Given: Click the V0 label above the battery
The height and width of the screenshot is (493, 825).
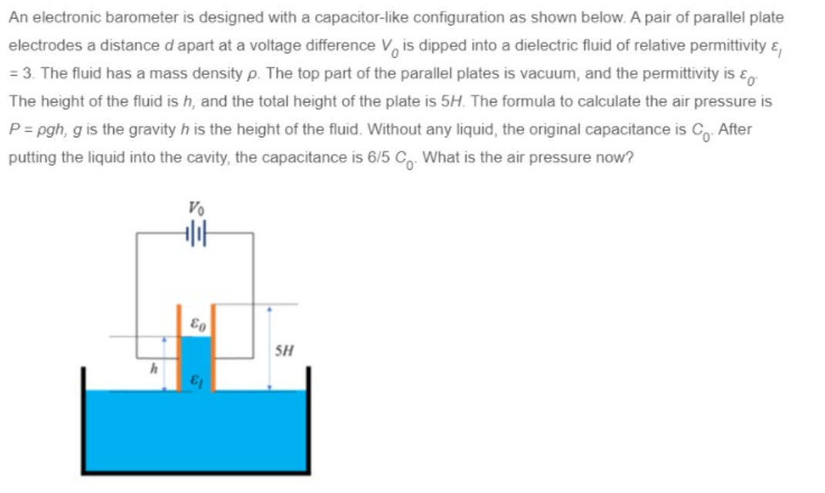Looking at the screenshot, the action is point(194,207).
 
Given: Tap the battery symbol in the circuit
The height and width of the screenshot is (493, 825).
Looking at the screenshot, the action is point(194,231).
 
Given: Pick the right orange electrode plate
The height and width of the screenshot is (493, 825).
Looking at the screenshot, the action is point(214,347).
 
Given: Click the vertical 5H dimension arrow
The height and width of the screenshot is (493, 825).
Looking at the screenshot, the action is point(269,347).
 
